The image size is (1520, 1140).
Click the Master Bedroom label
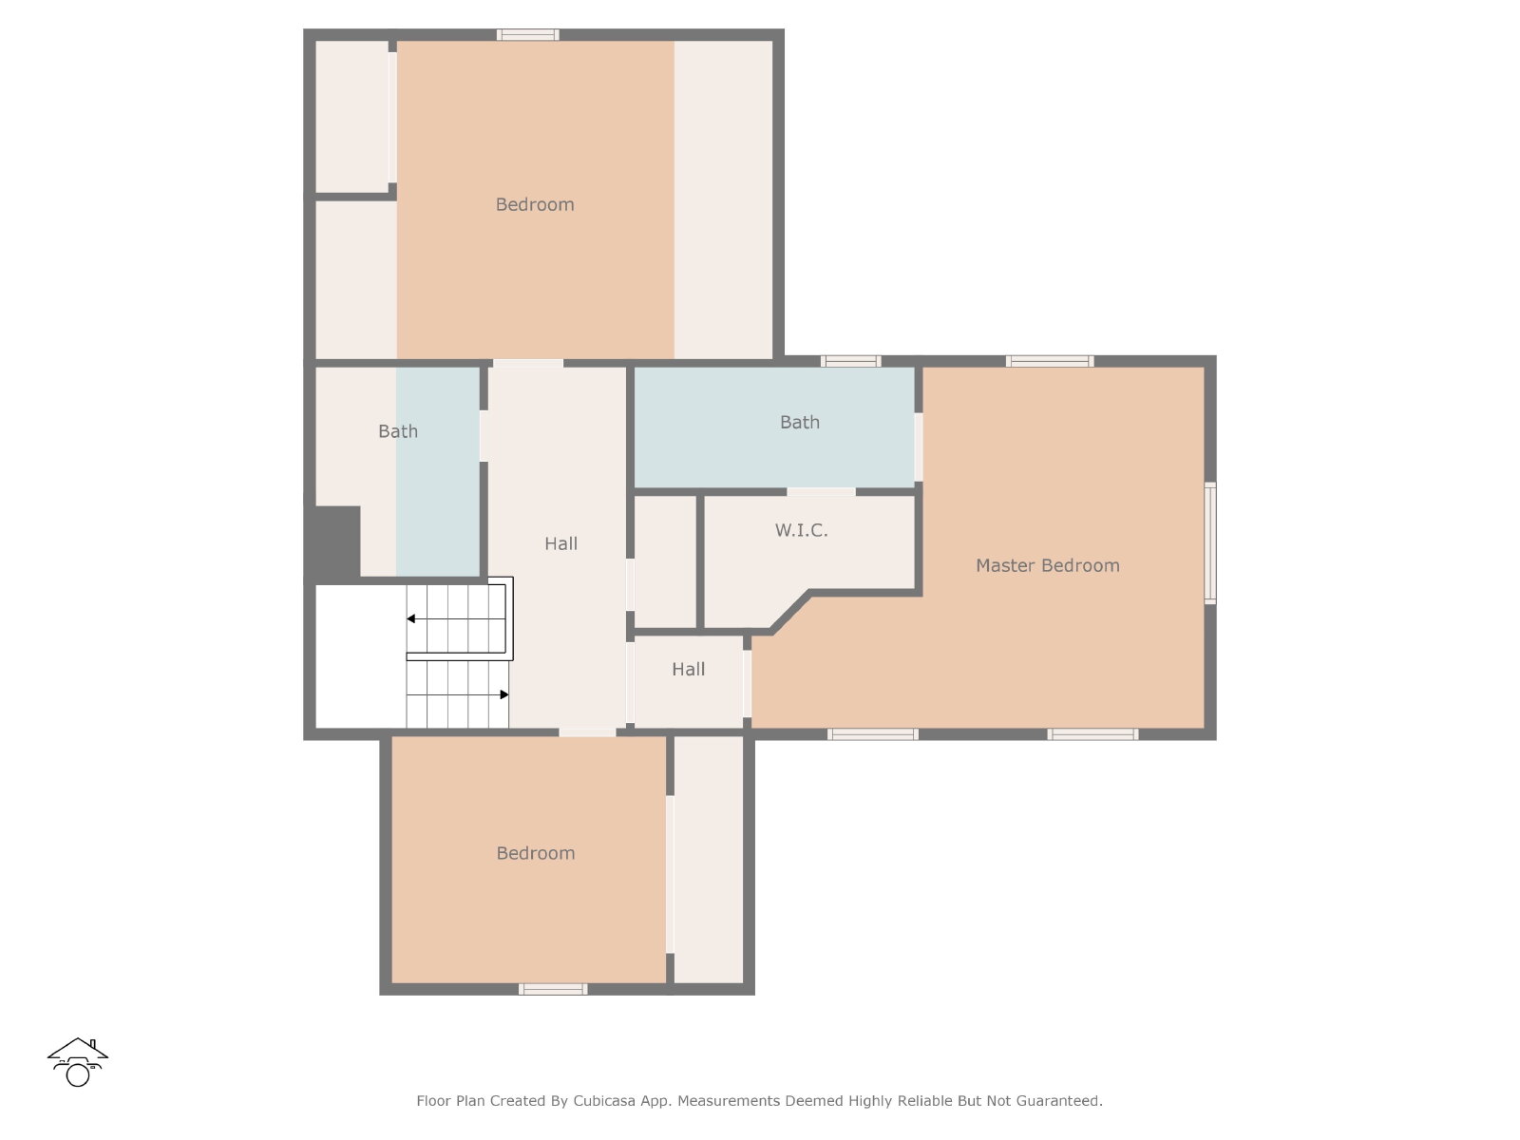pyautogui.click(x=1047, y=565)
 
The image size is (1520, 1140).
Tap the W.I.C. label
pyautogui.click(x=801, y=530)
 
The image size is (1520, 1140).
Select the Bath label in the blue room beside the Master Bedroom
pyautogui.click(x=800, y=422)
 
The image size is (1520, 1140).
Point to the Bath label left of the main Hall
pyautogui.click(x=398, y=431)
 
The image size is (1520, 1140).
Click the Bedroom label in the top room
pyautogui.click(x=535, y=204)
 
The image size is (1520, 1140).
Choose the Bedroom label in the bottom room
pyautogui.click(x=535, y=853)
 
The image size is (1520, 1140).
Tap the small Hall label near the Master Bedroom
pyautogui.click(x=689, y=670)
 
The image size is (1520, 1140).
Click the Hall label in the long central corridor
pyautogui.click(x=560, y=543)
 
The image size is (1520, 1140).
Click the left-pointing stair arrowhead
pyautogui.click(x=410, y=618)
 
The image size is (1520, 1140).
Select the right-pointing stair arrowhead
pyautogui.click(x=504, y=694)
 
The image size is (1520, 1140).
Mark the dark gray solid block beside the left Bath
pyautogui.click(x=333, y=542)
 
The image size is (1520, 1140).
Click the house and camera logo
pyautogui.click(x=78, y=1062)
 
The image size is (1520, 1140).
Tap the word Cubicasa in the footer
pyautogui.click(x=604, y=1100)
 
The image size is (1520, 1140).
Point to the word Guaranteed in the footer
pyautogui.click(x=1059, y=1100)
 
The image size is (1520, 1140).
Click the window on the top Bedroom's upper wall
pyautogui.click(x=527, y=34)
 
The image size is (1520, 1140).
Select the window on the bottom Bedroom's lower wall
pyautogui.click(x=553, y=989)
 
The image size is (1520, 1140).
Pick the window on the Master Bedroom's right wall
pyautogui.click(x=1209, y=543)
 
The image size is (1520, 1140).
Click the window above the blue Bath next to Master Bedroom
pyautogui.click(x=850, y=361)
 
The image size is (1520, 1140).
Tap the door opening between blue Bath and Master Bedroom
pyautogui.click(x=919, y=447)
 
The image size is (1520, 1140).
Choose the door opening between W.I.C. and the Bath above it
pyautogui.click(x=822, y=492)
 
